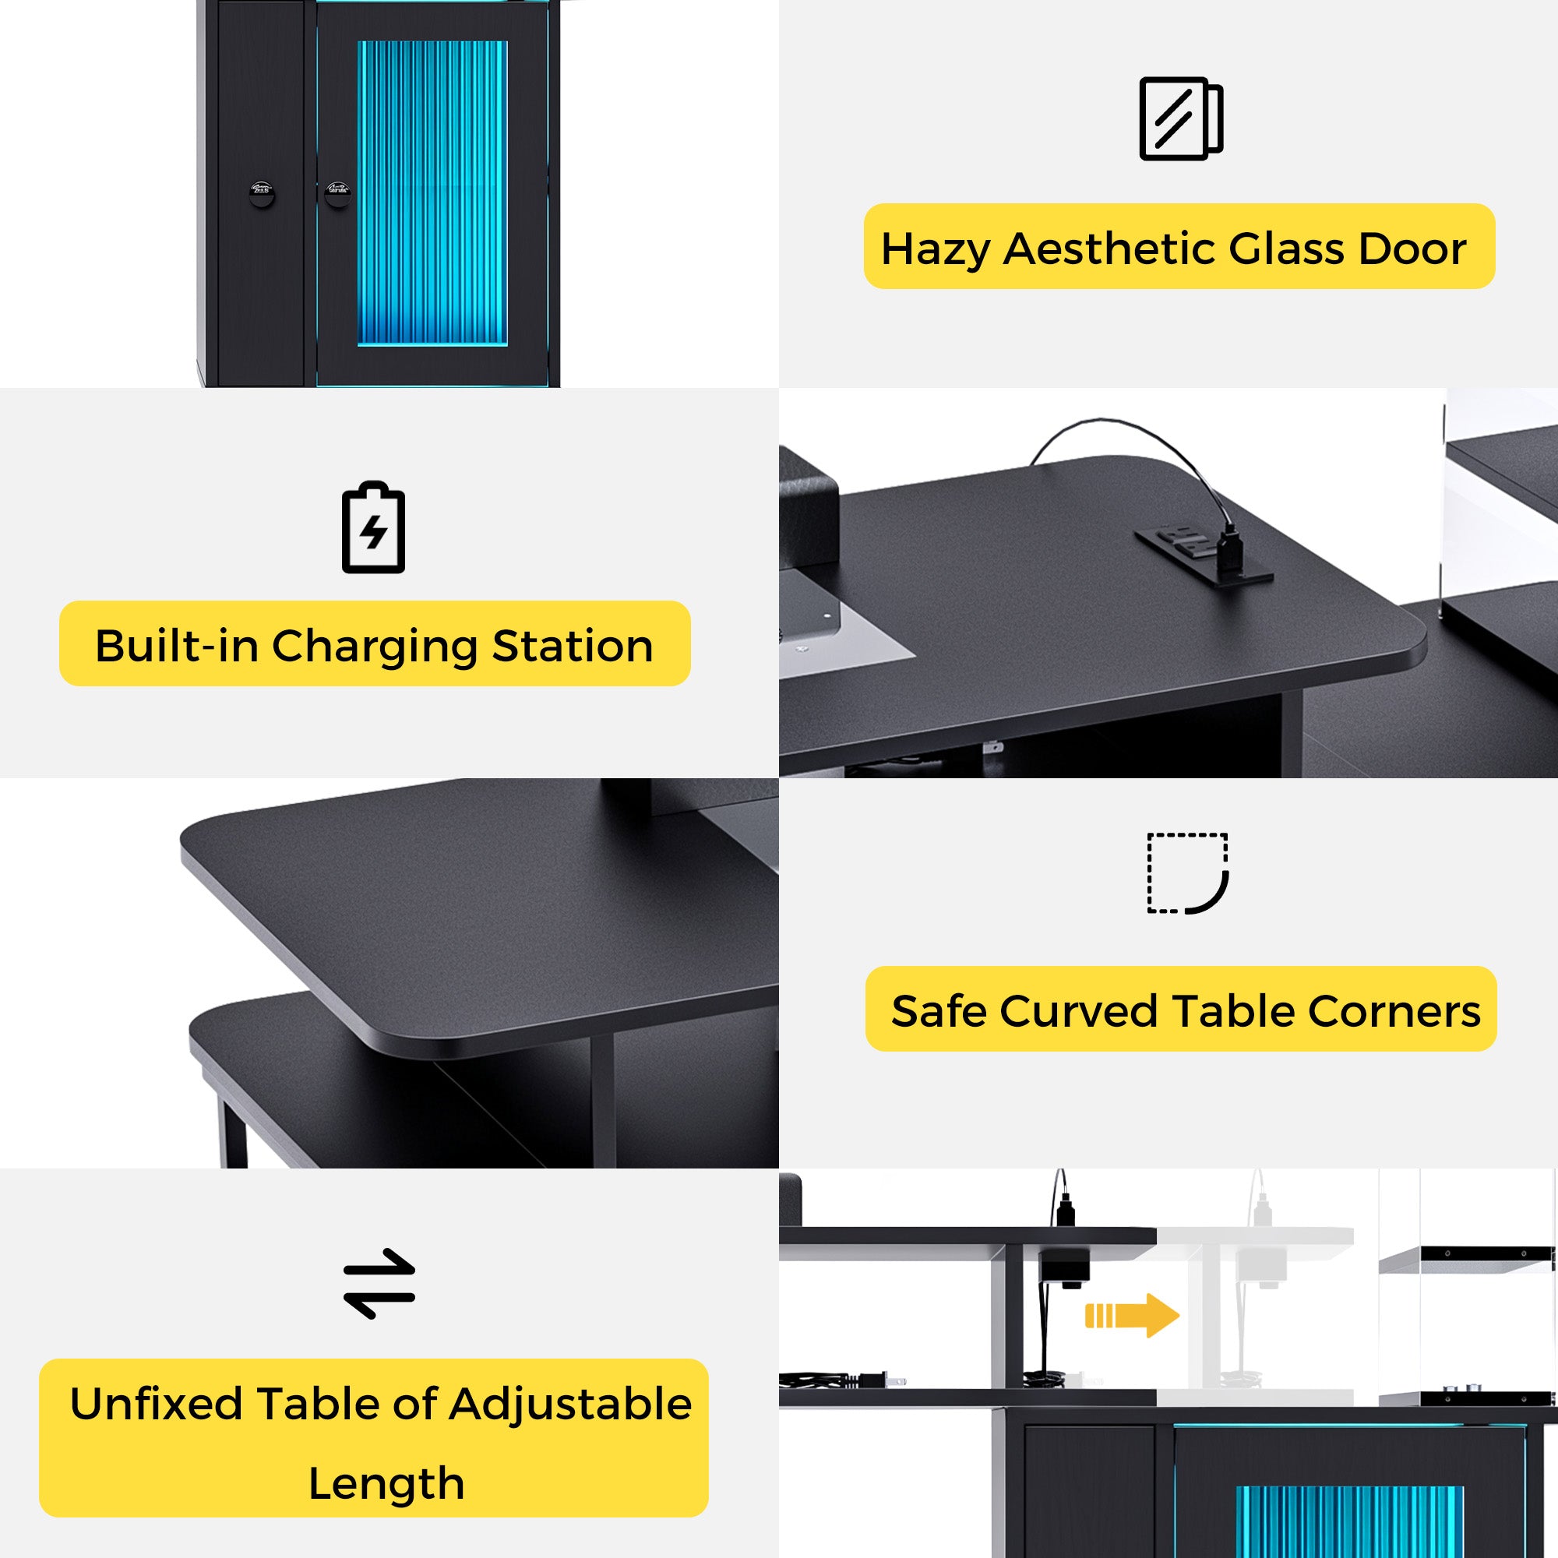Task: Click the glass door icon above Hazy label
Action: [1181, 118]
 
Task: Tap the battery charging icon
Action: [373, 527]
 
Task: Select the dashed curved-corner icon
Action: [1187, 873]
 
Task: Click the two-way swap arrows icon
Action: [379, 1283]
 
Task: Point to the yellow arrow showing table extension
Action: [1131, 1315]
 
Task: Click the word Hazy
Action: [936, 249]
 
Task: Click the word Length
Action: [386, 1483]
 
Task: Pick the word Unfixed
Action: [155, 1404]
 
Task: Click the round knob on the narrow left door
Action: [261, 192]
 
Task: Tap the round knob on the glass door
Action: [337, 192]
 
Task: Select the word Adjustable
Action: [570, 1404]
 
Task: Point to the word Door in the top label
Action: [1412, 249]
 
